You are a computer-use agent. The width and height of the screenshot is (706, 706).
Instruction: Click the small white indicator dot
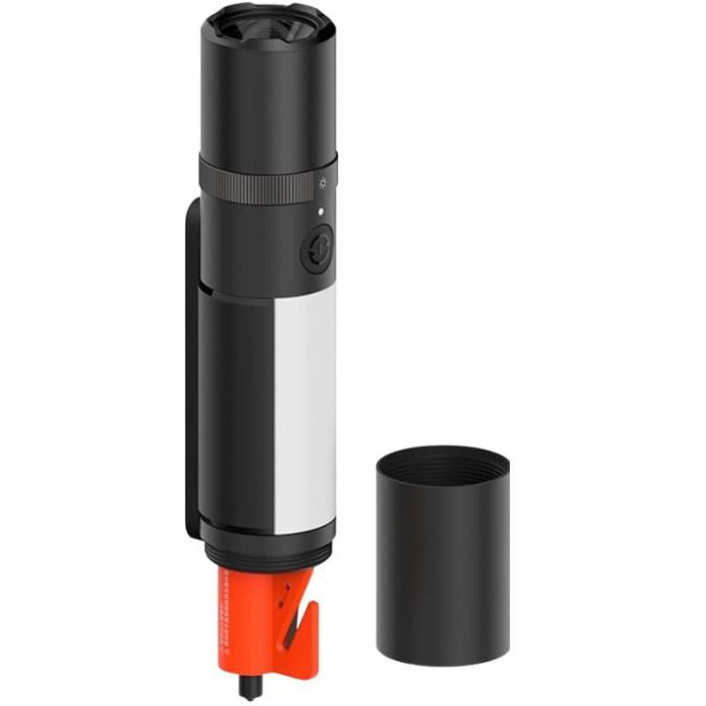point(321,211)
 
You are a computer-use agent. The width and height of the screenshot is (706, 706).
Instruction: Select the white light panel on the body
point(305,406)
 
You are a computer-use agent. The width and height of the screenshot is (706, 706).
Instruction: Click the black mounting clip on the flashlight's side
point(192,371)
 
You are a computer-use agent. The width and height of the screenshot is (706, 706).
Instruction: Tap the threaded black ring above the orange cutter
point(268,556)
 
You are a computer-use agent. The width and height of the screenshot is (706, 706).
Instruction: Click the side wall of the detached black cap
point(441,565)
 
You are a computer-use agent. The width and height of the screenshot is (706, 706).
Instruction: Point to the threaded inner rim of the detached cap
point(441,458)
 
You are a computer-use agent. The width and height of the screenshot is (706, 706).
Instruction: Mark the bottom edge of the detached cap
point(441,661)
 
